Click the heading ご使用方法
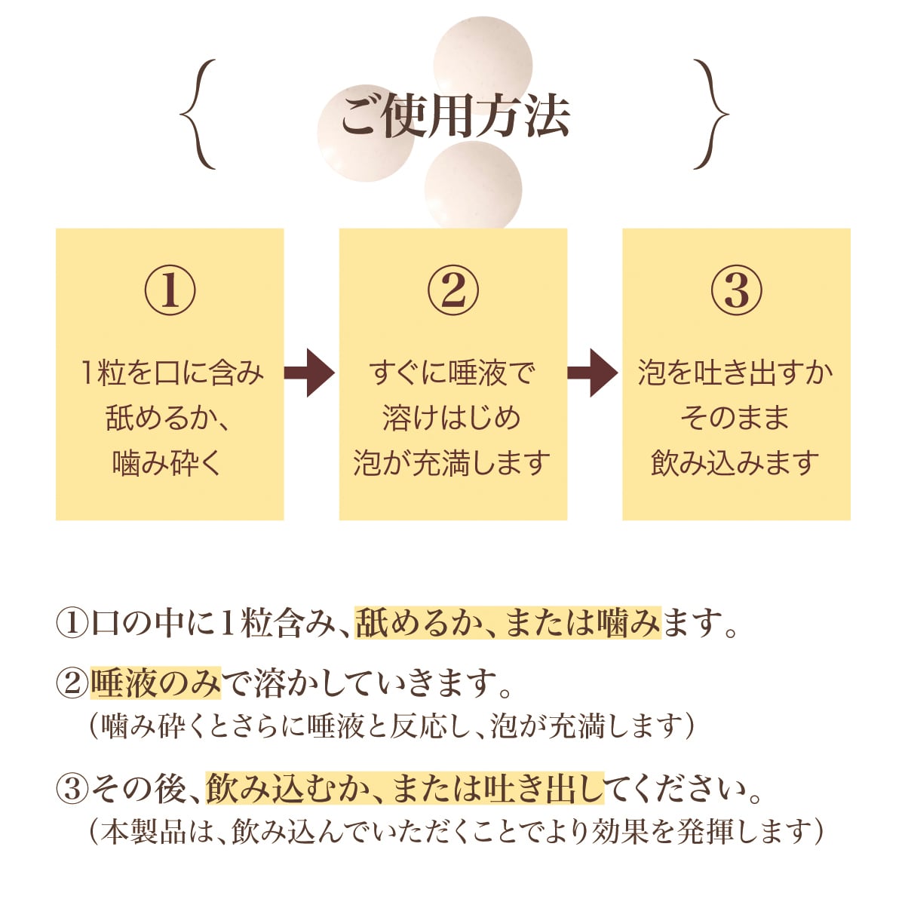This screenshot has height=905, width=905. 454,117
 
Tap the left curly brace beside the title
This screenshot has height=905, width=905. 198,115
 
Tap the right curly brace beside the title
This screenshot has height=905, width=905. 711,115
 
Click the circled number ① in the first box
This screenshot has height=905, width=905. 170,292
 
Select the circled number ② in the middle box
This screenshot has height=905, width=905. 452,292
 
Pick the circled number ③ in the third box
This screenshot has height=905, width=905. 736,292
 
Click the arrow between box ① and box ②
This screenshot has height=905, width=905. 310,373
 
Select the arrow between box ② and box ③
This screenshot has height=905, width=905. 594,373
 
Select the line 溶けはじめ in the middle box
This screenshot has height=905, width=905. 452,418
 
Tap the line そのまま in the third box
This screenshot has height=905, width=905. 735,418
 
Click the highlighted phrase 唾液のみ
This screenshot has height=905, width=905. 156,683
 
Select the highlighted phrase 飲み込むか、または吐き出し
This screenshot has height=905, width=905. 405,790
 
